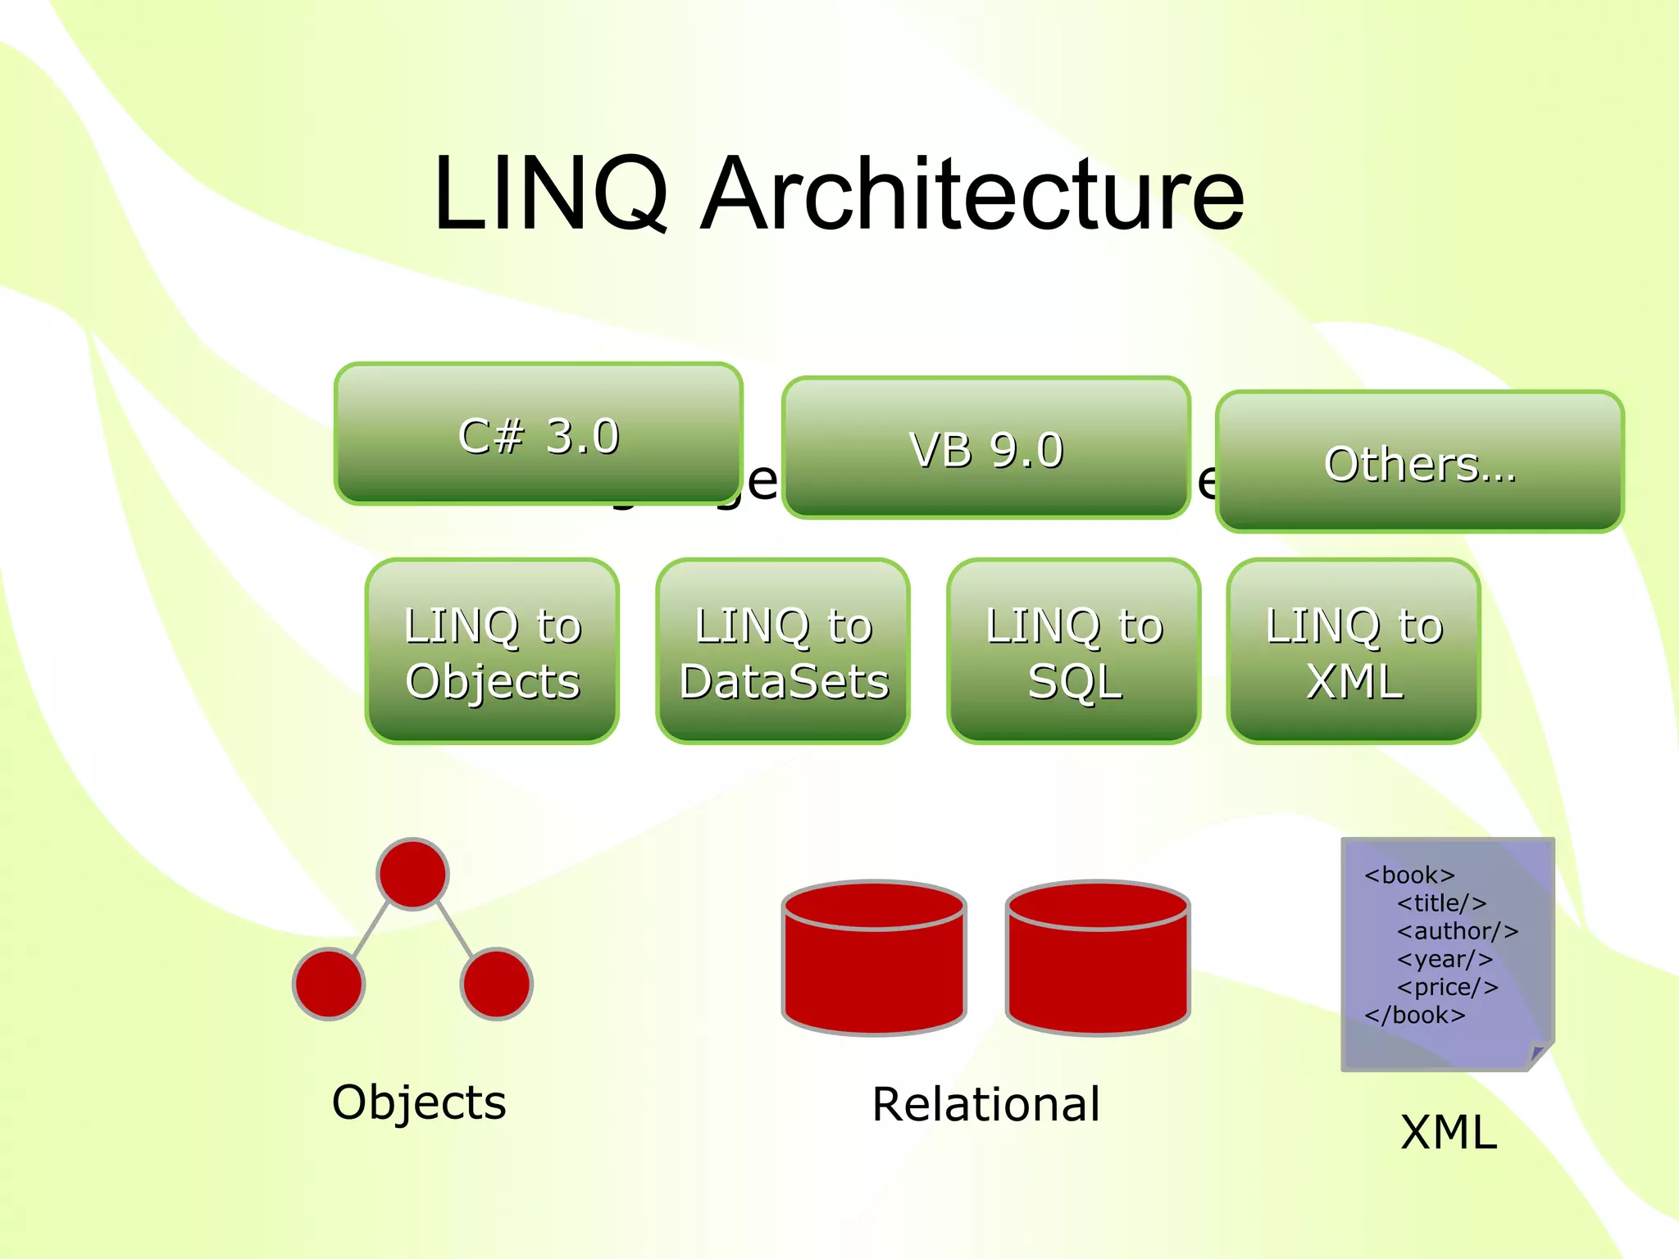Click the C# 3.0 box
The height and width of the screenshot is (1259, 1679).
tap(539, 434)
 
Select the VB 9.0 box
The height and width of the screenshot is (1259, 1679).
tap(986, 448)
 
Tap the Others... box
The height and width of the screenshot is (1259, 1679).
tap(1420, 462)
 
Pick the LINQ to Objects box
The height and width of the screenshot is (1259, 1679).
tap(492, 652)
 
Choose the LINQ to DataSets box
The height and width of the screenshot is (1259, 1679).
tap(783, 652)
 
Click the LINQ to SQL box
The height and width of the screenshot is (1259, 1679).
tap(1074, 652)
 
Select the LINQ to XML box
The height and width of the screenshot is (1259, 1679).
tap(1354, 652)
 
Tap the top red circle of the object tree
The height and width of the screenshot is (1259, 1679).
tap(412, 874)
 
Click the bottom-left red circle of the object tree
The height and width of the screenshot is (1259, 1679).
tap(329, 984)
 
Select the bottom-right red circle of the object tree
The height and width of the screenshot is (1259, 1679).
tap(497, 984)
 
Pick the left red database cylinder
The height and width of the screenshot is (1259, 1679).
tap(874, 959)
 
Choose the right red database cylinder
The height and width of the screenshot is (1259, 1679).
tap(1098, 959)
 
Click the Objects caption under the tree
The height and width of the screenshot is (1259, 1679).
tap(419, 1102)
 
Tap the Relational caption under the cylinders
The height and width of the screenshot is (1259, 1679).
tap(985, 1104)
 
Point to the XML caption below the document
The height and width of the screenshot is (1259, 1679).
tap(1449, 1133)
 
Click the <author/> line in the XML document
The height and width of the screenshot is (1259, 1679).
tap(1458, 931)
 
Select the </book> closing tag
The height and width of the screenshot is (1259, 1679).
tap(1414, 1016)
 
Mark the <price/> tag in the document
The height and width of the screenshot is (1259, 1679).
tap(1448, 987)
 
